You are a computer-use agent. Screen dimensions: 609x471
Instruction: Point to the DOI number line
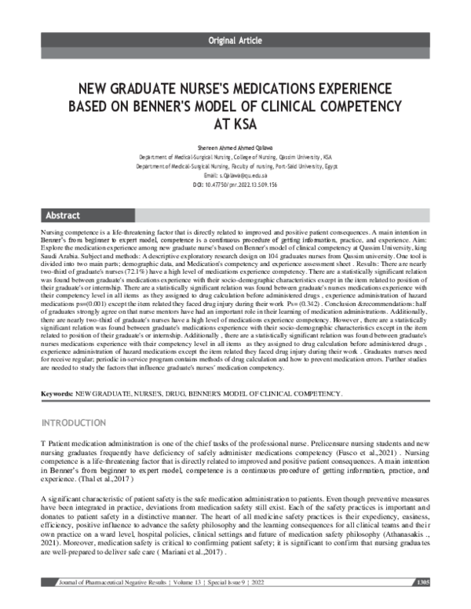coord(235,184)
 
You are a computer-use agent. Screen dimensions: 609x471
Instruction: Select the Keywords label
coord(57,391)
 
